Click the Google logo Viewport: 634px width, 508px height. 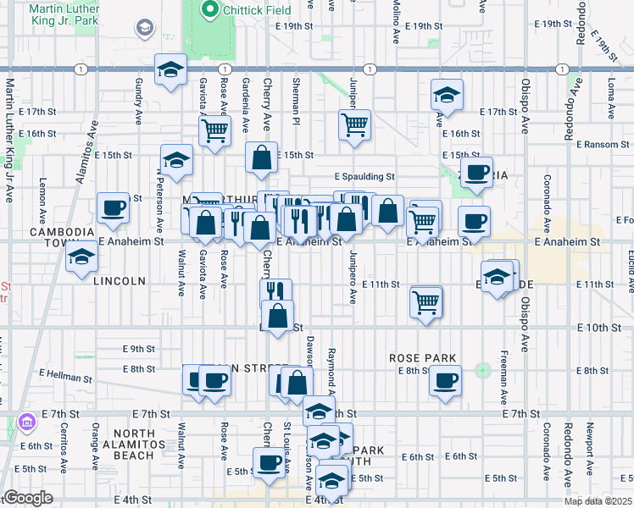pyautogui.click(x=28, y=498)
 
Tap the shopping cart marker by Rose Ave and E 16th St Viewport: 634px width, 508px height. pyautogui.click(x=215, y=130)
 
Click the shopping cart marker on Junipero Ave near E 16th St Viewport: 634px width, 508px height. pyautogui.click(x=354, y=124)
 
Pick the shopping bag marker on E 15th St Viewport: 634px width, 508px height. pyautogui.click(x=262, y=157)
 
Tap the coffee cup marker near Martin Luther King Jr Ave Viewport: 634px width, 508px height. pyautogui.click(x=112, y=208)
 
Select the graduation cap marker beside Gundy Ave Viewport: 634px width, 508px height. pyautogui.click(x=170, y=69)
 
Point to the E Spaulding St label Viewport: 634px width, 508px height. pyautogui.click(x=364, y=177)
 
